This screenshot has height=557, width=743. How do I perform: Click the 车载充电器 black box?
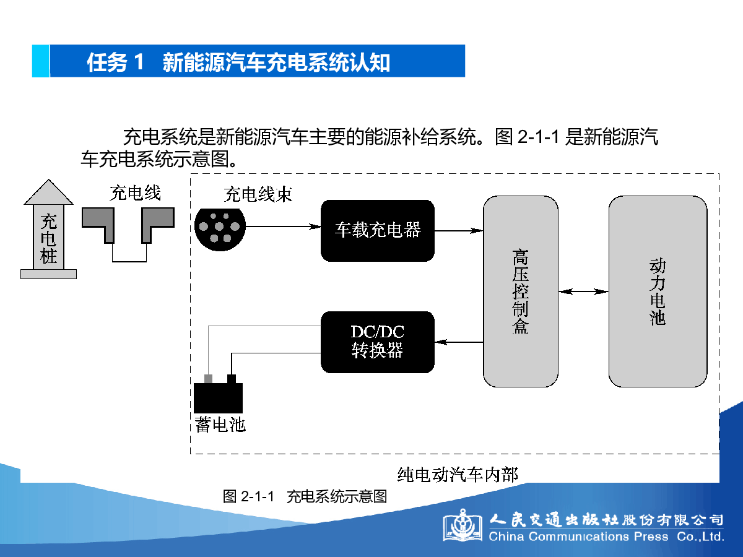378,231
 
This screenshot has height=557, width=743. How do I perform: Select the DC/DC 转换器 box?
378,342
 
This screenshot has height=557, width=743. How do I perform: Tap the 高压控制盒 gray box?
521,291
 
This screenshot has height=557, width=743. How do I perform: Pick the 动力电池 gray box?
658,291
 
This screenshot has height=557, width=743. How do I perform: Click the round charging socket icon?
220,230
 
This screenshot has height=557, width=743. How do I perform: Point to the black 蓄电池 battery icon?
219,394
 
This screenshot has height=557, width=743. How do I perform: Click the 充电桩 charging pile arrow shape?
48,229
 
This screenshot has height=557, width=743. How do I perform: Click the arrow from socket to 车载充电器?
284,227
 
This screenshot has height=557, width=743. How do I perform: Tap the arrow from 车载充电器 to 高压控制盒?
459,231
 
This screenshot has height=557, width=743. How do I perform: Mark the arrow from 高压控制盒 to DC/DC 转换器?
459,342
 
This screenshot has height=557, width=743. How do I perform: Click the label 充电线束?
258,194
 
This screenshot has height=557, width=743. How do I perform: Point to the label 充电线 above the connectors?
135,193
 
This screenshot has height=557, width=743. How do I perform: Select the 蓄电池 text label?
220,425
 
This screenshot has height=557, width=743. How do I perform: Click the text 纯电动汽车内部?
458,475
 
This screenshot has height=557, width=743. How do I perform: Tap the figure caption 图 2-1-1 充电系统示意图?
305,496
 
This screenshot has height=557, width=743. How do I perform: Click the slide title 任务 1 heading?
238,63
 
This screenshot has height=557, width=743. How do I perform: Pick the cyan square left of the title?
41,61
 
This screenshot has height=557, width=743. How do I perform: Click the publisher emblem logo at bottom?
463,525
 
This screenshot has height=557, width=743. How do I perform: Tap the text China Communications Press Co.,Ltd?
606,537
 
